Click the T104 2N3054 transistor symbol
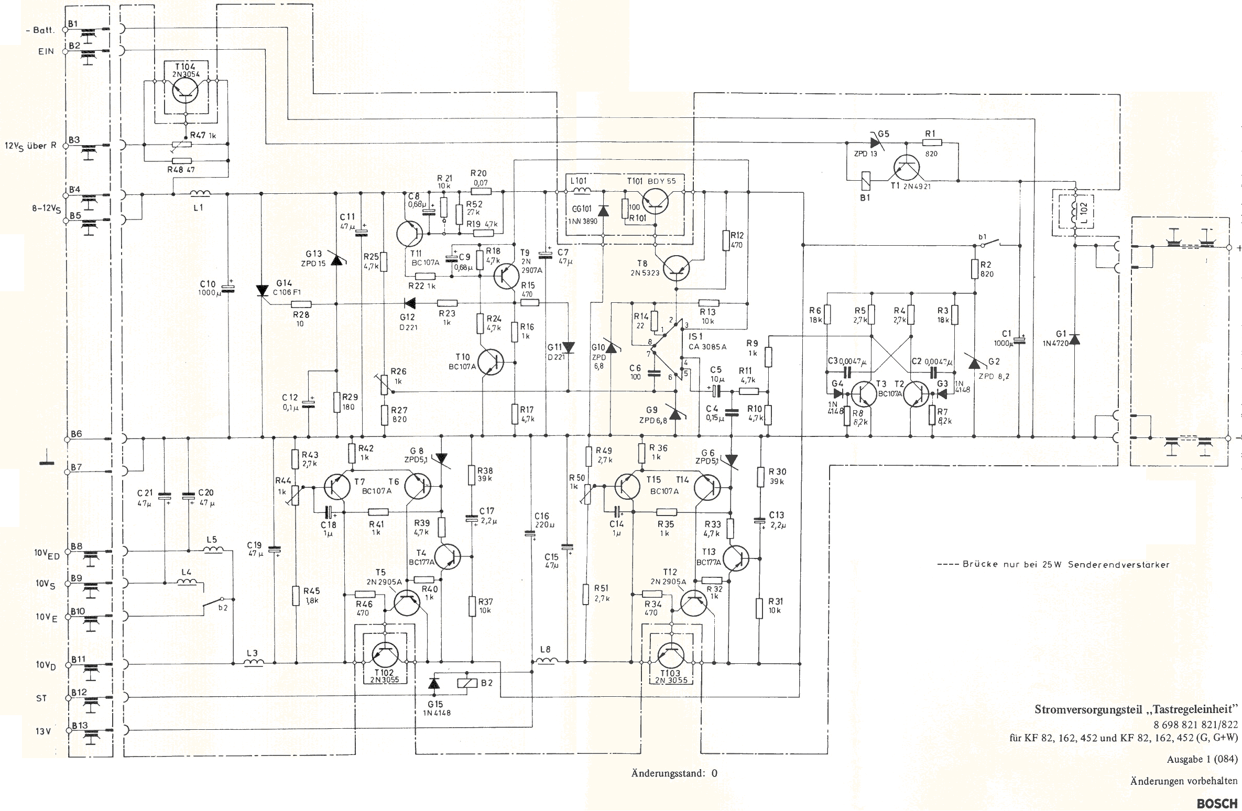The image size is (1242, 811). point(186,90)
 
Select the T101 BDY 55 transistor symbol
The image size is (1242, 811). point(657,201)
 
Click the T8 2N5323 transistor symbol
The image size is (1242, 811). point(676,269)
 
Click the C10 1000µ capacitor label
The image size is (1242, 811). point(210,288)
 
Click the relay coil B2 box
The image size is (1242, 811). point(467,683)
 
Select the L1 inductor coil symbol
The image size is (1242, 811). point(200,193)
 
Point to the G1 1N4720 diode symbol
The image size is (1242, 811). point(1074,339)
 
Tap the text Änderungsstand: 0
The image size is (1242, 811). point(674,773)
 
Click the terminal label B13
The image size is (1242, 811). point(79,725)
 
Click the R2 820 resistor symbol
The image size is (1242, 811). point(975,269)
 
